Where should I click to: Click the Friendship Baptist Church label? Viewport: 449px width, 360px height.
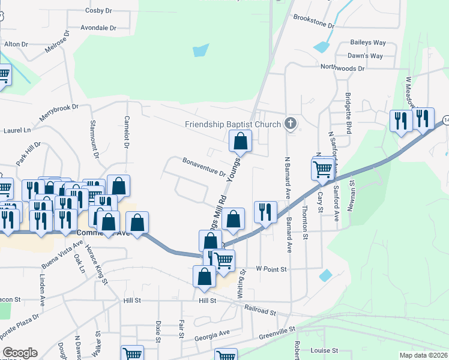click(x=233, y=125)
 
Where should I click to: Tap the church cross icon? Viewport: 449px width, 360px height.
click(x=291, y=124)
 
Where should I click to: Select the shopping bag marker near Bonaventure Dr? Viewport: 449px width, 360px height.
click(x=240, y=142)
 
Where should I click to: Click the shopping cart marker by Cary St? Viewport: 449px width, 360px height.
click(x=323, y=169)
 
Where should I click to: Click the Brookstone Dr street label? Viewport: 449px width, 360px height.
click(x=313, y=23)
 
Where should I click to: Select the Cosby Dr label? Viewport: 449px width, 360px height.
click(x=98, y=11)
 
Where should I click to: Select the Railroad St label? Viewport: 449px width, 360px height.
click(x=260, y=310)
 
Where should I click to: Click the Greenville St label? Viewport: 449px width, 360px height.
click(x=276, y=330)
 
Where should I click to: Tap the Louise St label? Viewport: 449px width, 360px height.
click(x=324, y=350)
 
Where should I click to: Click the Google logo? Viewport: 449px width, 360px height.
click(x=20, y=353)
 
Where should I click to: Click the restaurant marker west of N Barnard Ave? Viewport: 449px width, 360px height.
click(x=265, y=212)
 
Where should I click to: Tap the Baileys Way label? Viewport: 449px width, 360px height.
click(x=368, y=43)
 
